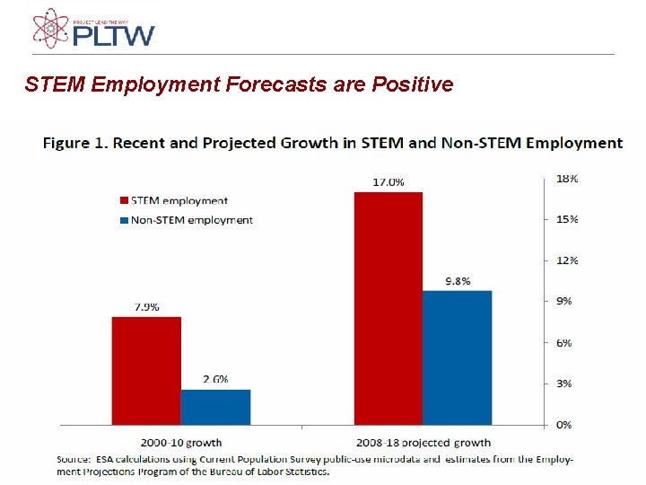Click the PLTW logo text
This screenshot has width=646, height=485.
click(x=114, y=36)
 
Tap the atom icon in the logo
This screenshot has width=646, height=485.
click(x=50, y=28)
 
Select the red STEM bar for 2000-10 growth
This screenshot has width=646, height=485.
click(x=146, y=370)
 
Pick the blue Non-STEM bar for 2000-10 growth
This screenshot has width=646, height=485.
click(x=215, y=406)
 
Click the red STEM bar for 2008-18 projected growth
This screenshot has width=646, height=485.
click(x=388, y=308)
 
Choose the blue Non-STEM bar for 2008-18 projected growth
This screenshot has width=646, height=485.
click(x=457, y=357)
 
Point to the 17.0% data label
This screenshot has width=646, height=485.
click(x=388, y=182)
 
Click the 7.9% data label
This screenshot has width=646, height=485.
click(x=147, y=307)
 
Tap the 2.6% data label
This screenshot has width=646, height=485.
click(x=215, y=379)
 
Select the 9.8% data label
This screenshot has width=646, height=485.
click(x=458, y=281)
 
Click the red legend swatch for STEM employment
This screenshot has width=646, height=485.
click(x=124, y=200)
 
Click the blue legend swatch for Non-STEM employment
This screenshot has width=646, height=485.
click(x=124, y=220)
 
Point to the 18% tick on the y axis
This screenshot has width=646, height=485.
click(x=567, y=179)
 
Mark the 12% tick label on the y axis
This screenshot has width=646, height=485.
click(x=567, y=260)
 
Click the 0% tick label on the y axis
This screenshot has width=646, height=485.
click(x=564, y=424)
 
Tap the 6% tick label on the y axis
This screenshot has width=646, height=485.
click(x=564, y=342)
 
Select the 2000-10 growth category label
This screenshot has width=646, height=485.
click(x=180, y=442)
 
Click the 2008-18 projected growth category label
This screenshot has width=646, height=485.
click(x=423, y=442)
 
